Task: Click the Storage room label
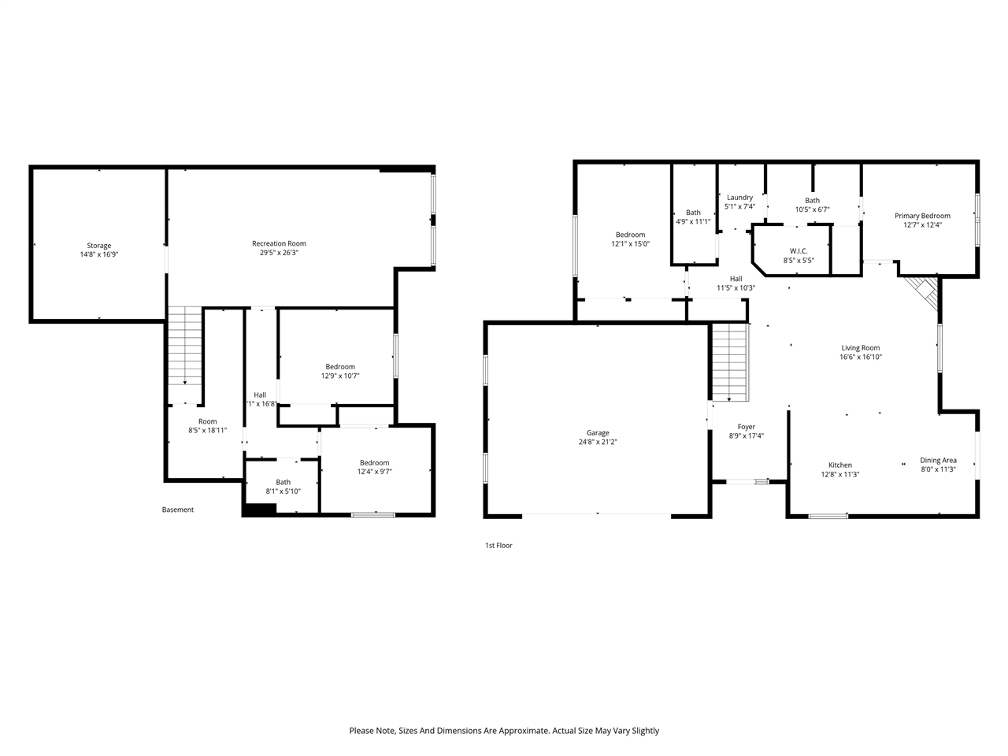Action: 98,246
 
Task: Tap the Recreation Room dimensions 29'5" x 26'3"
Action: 279,254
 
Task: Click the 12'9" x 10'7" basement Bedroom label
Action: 340,367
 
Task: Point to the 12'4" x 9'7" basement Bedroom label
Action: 374,463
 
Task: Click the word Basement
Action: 177,510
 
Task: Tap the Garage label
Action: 597,433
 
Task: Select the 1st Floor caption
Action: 498,545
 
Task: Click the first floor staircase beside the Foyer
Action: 729,363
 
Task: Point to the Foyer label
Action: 746,427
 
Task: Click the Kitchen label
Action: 839,465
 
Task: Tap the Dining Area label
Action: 938,461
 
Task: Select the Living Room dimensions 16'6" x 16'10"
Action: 860,357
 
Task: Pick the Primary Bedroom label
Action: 922,216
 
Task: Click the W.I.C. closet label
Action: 799,251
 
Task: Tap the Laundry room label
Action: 739,198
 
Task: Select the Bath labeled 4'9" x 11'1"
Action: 693,217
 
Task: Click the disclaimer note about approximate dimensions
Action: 504,731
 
